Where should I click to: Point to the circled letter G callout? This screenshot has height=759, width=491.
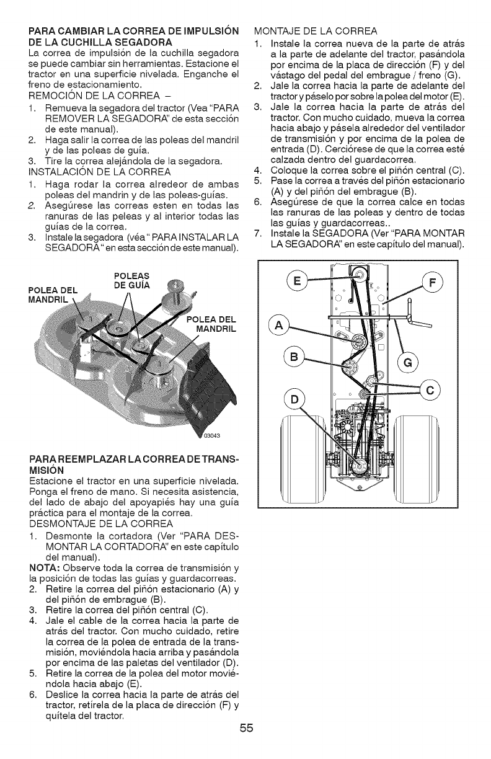pos(410,362)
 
